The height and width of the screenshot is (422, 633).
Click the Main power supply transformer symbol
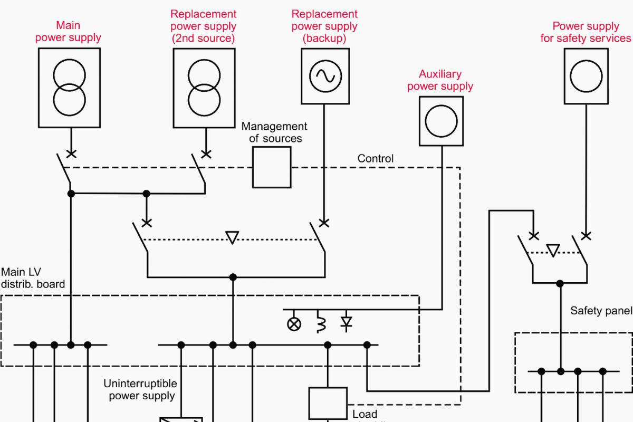69,88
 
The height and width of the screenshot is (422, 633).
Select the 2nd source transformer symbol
204,88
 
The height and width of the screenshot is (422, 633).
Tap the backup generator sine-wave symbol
325,76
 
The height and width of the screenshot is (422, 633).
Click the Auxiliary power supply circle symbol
442,121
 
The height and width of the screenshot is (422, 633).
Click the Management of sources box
272,167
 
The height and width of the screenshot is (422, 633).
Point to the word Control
375,158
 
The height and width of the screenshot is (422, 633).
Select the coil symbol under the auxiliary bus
320,323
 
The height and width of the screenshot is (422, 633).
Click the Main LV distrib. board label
33,278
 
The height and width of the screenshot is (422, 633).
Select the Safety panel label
601,311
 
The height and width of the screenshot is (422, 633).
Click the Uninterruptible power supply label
140,389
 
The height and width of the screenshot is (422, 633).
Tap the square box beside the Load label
328,404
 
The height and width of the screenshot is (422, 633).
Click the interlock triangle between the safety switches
553,250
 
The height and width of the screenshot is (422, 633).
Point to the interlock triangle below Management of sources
232,237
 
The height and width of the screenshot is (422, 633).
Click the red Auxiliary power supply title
440,80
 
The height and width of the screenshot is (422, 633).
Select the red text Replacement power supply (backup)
324,26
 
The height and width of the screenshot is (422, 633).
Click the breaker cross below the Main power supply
70,154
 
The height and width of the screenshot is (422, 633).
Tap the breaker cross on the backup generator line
324,223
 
